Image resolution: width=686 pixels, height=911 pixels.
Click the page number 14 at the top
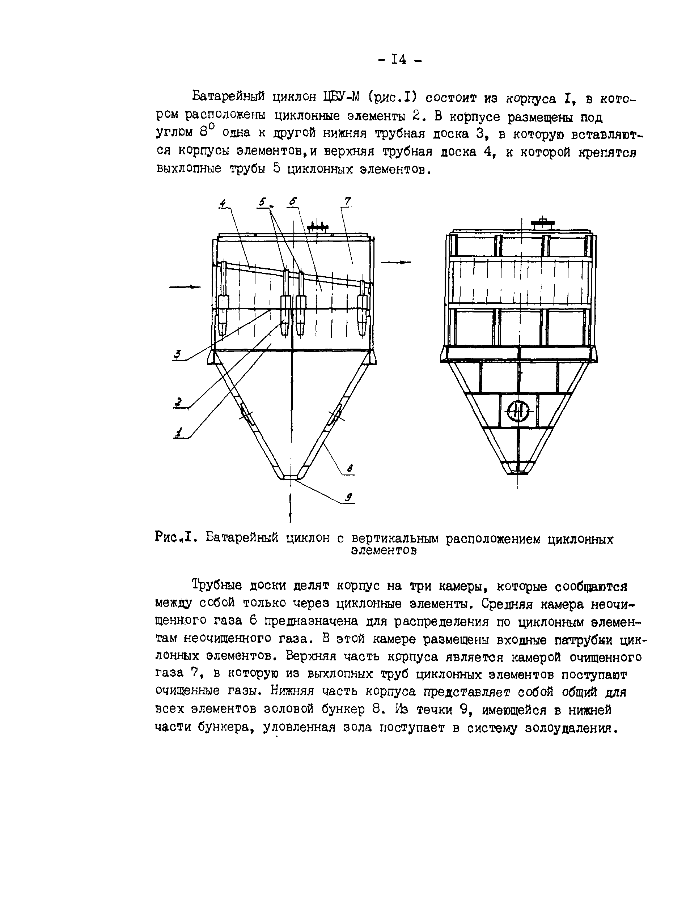point(398,60)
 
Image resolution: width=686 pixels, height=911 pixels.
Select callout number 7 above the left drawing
point(347,201)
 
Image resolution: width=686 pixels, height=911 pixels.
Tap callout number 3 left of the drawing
point(178,354)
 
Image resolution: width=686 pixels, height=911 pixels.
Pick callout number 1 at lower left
point(179,433)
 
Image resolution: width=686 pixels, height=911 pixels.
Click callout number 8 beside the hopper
point(350,468)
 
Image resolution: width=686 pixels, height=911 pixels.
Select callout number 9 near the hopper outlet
point(348,498)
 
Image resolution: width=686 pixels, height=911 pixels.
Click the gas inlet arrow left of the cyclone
point(185,287)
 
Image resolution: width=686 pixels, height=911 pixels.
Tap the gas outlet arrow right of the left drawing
point(396,262)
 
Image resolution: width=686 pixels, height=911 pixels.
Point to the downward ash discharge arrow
point(291,511)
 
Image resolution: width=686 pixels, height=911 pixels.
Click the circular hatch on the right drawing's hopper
point(519,410)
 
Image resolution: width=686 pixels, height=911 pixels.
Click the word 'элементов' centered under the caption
point(384,551)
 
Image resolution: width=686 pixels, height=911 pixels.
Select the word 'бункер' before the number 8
point(342,710)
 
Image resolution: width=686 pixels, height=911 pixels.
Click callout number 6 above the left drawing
point(293,201)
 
